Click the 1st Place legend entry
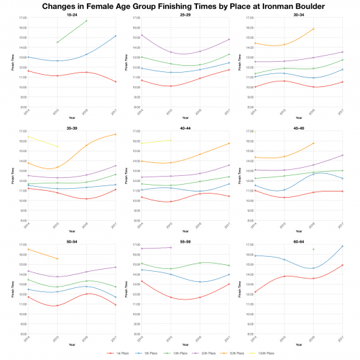click(x=117, y=353)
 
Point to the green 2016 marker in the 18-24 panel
click(x=87, y=21)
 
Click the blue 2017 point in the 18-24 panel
click(x=116, y=36)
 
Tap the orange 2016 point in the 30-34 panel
click(x=313, y=29)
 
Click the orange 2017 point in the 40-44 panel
click(x=230, y=143)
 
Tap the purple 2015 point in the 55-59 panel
click(x=170, y=248)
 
